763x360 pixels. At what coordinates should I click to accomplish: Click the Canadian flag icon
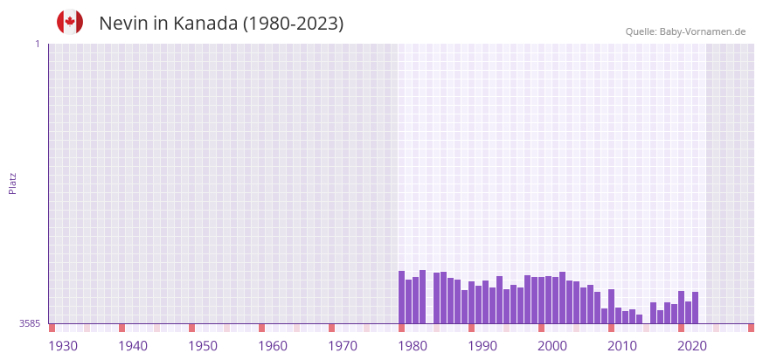[x=70, y=22]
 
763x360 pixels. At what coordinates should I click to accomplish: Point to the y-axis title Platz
[x=13, y=183]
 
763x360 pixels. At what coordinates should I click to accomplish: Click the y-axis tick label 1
[x=37, y=44]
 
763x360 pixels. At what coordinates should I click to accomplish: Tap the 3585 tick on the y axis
[x=30, y=323]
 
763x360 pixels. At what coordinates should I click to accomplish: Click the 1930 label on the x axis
[x=63, y=346]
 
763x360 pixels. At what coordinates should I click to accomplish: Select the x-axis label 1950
[x=203, y=346]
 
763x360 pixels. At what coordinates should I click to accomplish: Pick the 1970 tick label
[x=343, y=346]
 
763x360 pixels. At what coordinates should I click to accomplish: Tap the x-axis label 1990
[x=482, y=346]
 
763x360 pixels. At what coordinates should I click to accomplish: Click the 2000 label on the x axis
[x=552, y=346]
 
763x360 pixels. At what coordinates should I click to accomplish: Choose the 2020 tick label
[x=692, y=346]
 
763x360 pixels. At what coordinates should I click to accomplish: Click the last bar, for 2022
[x=696, y=308]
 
